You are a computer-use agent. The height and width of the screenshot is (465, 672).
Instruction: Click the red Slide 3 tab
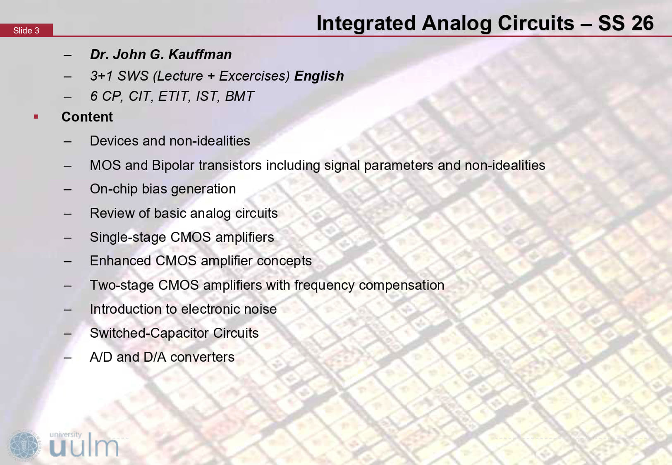click(26, 30)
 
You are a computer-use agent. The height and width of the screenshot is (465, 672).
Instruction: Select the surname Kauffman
click(200, 55)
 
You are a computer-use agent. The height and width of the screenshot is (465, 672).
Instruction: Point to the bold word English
click(319, 76)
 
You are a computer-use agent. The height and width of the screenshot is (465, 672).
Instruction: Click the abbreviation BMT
click(239, 96)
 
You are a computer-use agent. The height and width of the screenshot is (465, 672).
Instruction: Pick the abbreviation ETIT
click(174, 97)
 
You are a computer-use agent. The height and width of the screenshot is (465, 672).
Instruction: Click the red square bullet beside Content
click(36, 117)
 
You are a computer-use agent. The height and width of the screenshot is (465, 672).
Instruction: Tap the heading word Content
click(87, 117)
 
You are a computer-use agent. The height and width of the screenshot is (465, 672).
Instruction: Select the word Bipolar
click(173, 166)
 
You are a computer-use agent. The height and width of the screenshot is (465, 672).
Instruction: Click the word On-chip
click(114, 189)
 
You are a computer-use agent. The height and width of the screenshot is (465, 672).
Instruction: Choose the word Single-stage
click(128, 238)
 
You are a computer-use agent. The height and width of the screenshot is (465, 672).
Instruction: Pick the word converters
click(202, 358)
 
